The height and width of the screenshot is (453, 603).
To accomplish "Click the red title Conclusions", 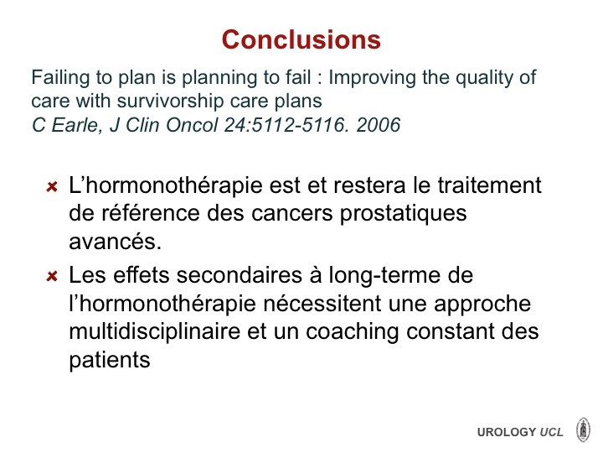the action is pyautogui.click(x=301, y=39).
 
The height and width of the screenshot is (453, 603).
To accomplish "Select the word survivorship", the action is pyautogui.click(x=170, y=102).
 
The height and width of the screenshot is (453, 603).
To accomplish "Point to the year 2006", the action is pyautogui.click(x=379, y=125).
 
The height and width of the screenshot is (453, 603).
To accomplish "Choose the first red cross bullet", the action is pyautogui.click(x=52, y=187).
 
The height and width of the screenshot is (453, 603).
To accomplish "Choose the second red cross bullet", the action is pyautogui.click(x=52, y=276).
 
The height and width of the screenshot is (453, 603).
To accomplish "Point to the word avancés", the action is pyautogui.click(x=115, y=242).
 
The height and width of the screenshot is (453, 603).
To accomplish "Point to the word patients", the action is pyautogui.click(x=110, y=361).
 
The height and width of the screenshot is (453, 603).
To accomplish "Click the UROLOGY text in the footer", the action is pyautogui.click(x=507, y=432).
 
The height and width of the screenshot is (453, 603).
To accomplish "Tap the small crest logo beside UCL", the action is pyautogui.click(x=584, y=430).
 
